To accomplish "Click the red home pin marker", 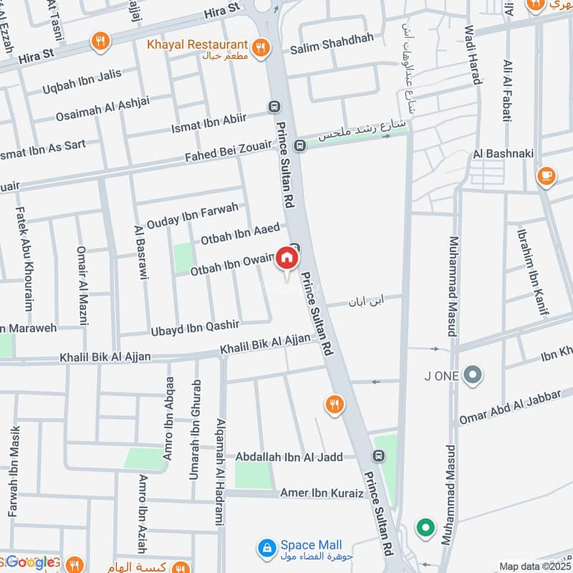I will (x=286, y=258).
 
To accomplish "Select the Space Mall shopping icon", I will (x=266, y=548).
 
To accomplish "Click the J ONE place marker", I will (x=472, y=374).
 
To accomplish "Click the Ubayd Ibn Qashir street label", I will (x=194, y=326).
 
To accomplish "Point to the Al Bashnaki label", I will (x=499, y=154).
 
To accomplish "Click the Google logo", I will (x=30, y=562).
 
